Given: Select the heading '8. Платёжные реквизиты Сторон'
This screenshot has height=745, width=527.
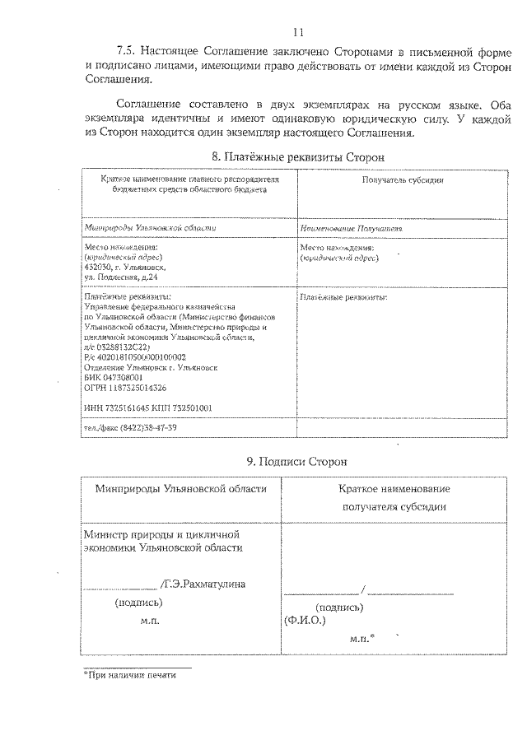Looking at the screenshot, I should (297, 156).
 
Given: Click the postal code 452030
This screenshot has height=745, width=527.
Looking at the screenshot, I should (97, 267).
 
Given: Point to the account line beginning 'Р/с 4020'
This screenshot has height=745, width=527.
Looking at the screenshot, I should (135, 357).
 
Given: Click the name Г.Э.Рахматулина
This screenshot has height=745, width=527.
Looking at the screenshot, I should (205, 584).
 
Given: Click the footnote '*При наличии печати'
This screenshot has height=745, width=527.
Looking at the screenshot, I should (130, 674).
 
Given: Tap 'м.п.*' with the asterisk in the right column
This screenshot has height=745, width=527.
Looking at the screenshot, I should (362, 637).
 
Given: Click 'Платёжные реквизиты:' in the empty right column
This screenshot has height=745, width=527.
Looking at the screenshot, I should (343, 296).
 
